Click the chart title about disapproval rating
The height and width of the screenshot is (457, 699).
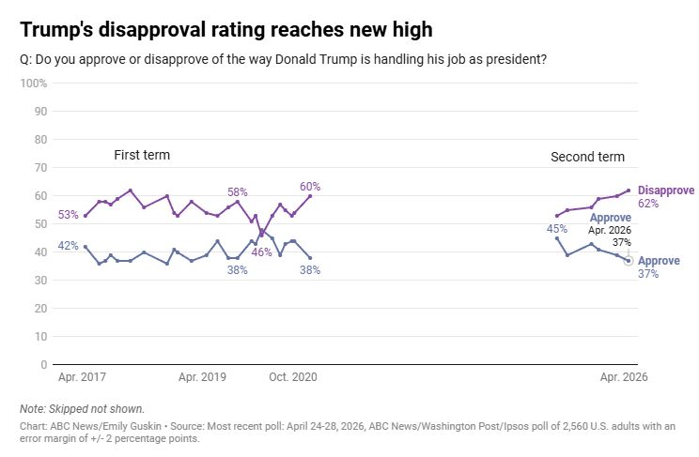(x=226, y=30)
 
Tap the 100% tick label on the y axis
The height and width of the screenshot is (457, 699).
(x=34, y=84)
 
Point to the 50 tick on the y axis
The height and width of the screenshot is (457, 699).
(x=40, y=224)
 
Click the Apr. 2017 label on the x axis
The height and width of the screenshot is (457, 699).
(x=82, y=377)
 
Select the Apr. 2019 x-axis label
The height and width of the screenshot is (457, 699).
(x=202, y=377)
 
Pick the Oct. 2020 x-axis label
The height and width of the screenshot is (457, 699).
(x=293, y=377)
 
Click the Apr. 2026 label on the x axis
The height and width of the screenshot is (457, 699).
(x=624, y=377)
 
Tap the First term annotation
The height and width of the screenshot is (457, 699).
(x=142, y=155)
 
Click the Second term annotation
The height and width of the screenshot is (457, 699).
(x=587, y=157)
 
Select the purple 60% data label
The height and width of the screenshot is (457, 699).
(x=310, y=186)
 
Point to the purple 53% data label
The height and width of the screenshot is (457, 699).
(x=69, y=215)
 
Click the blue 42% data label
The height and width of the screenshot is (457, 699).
(x=69, y=246)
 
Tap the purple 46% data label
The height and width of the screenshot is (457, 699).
(x=262, y=252)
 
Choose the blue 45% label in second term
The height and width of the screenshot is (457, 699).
(x=557, y=229)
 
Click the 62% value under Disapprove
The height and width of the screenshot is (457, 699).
(x=648, y=204)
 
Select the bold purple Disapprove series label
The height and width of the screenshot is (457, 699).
(x=666, y=190)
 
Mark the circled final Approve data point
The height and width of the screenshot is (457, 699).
(x=629, y=261)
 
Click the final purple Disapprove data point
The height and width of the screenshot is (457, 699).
(x=629, y=190)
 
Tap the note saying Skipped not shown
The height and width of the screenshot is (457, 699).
(x=82, y=409)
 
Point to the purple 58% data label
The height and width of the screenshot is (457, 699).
(x=238, y=192)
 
